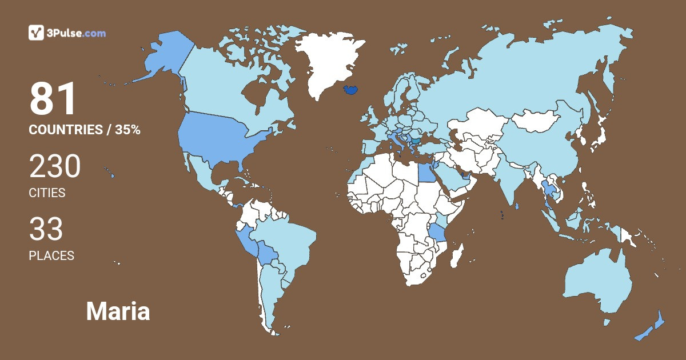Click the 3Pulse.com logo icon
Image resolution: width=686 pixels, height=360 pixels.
36,33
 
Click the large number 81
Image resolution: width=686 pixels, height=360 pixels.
53,99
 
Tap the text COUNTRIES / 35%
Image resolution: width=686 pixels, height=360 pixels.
85,130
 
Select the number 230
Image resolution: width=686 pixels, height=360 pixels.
55,167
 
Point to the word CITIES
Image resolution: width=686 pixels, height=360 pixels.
47,193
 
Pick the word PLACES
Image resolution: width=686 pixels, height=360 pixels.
51,256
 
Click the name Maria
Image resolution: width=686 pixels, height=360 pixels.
118,312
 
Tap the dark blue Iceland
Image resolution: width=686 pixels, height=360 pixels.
353,90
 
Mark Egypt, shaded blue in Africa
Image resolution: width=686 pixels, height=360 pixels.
425,171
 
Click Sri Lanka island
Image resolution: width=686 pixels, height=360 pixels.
517,206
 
